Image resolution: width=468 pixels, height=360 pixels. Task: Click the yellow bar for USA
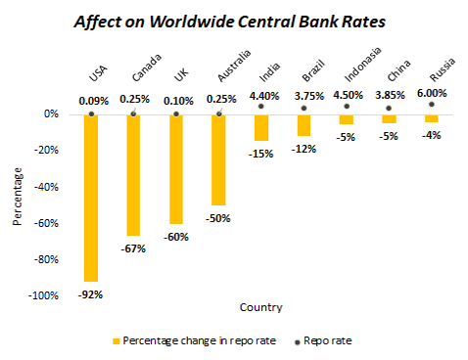tap(91, 198)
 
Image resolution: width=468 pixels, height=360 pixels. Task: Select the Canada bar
tap(133, 175)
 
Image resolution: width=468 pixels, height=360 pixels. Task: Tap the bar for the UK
tap(176, 169)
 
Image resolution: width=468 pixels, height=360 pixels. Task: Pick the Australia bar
tap(218, 160)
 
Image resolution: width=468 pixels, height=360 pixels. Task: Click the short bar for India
tap(261, 128)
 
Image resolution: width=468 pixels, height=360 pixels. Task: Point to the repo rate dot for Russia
tap(432, 105)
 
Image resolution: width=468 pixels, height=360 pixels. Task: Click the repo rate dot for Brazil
tap(304, 108)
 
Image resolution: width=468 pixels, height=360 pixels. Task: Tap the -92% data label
tap(90, 294)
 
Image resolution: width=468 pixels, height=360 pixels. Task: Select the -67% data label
tap(133, 248)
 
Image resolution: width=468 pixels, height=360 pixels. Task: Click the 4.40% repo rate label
tap(264, 96)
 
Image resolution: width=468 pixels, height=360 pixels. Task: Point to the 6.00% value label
tap(432, 93)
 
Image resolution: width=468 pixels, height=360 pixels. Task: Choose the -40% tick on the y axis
tap(46, 187)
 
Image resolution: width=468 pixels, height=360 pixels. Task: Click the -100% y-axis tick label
tap(43, 295)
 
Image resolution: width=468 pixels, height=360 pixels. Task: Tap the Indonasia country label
tap(362, 65)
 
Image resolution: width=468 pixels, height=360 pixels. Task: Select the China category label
tap(398, 70)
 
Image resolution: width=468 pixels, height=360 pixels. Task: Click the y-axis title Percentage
tap(18, 197)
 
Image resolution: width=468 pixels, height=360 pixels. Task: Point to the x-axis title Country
tap(261, 307)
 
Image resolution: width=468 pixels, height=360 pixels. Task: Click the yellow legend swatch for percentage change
tap(117, 341)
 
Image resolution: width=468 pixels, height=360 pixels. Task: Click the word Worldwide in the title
tap(192, 22)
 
